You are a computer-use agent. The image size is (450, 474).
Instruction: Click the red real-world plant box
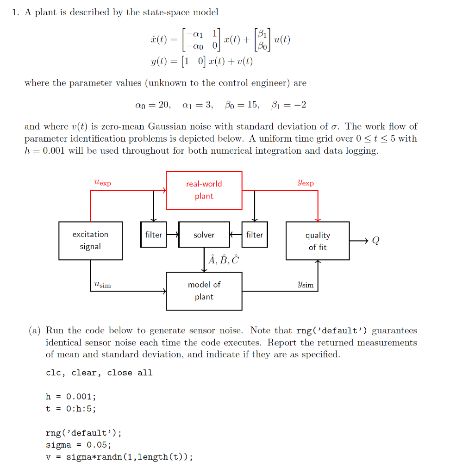point(204,190)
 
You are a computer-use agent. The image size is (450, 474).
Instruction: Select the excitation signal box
point(90,240)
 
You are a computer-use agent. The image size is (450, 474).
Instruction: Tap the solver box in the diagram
point(204,235)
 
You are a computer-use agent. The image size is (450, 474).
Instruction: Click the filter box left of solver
point(153,235)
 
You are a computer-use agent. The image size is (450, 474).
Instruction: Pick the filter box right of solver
point(255,235)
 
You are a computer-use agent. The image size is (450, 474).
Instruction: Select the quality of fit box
point(318,241)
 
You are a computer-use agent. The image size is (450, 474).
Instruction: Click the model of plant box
point(204,291)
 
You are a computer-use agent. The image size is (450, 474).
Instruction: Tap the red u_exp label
point(102,182)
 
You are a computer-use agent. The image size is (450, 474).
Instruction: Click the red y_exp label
point(306,182)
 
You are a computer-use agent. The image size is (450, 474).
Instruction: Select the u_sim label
point(102,285)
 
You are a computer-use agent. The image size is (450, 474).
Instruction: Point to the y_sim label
point(306,285)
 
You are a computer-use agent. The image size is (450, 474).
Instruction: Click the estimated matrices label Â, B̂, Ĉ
point(224,260)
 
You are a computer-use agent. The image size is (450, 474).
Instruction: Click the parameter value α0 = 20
point(152,105)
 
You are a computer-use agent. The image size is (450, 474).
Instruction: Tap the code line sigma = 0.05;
point(78,445)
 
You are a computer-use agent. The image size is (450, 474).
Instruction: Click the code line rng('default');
point(83,433)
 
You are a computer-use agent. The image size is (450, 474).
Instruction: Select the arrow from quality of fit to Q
point(359,241)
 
